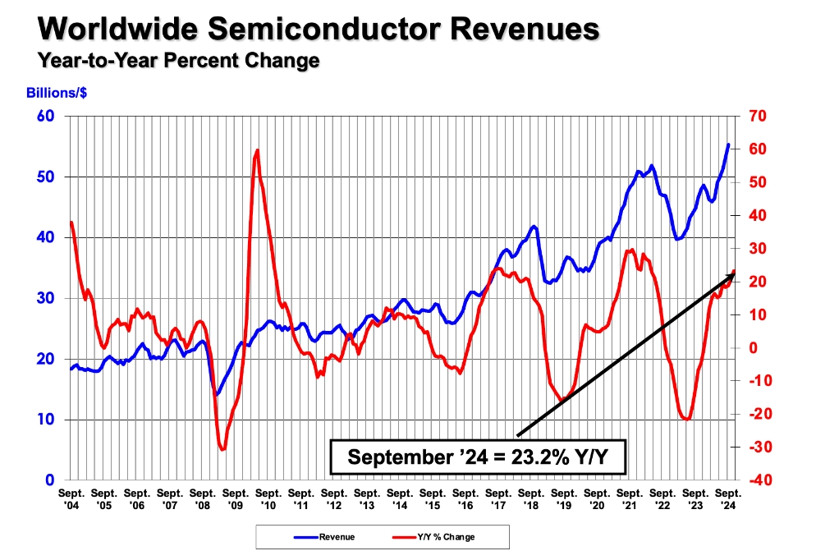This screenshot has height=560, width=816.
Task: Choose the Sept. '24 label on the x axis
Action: click(728, 498)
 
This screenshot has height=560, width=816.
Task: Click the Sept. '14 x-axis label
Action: click(400, 498)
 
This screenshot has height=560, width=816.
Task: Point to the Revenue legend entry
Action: click(326, 537)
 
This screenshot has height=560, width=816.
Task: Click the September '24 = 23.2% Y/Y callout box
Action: click(479, 457)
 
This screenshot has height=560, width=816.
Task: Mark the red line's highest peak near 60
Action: click(258, 150)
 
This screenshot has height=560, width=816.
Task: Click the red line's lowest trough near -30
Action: click(222, 449)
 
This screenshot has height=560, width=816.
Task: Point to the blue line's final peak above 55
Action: click(729, 145)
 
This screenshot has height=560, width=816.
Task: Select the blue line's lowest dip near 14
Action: click(216, 395)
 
